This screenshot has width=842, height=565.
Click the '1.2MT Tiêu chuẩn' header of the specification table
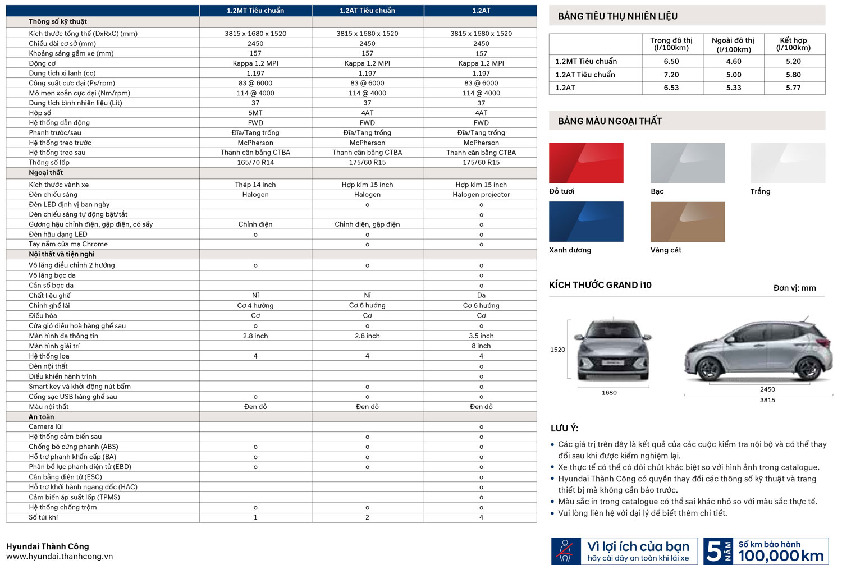coord(255,11)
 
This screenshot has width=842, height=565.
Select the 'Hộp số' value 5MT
coord(255,113)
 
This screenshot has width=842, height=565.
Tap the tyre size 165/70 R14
coord(255,163)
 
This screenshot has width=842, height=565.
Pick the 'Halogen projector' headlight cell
coord(481,195)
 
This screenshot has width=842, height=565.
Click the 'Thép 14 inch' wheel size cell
coord(255,185)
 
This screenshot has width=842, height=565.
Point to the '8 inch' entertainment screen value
coord(481,346)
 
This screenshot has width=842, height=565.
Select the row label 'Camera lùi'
coord(46,426)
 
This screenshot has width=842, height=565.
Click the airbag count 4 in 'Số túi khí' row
coord(481,517)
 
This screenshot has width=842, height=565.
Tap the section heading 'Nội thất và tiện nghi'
coord(62,254)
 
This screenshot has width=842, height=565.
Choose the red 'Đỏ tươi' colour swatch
coord(586,163)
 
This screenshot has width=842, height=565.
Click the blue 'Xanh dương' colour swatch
coord(586,222)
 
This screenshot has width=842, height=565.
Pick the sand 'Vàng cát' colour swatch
coord(688,222)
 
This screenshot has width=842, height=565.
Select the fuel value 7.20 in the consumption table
coord(671,75)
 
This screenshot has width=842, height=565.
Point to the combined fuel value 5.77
coord(793,88)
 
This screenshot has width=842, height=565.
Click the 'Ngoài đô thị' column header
coord(733,44)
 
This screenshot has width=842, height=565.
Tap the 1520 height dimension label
coord(557,350)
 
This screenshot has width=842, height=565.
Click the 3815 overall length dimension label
coord(767,400)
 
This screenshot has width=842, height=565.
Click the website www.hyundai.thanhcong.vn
coord(60,557)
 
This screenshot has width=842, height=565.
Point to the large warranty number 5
coord(713,552)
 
